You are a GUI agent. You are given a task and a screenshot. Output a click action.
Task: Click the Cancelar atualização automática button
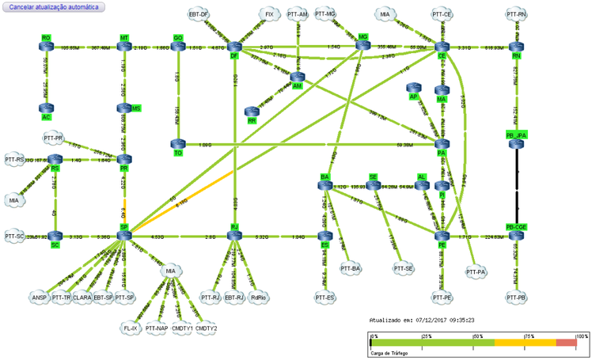point(54,7)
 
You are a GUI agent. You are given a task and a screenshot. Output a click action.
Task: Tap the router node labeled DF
point(234,47)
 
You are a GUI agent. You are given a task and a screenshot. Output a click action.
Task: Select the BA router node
point(324,185)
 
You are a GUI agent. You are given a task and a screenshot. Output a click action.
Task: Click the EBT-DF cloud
point(199,14)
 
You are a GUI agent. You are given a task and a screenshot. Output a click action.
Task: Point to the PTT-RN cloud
point(516,14)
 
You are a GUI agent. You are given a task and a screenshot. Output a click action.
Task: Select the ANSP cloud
point(40,297)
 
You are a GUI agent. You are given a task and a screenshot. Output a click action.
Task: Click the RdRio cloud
point(256,297)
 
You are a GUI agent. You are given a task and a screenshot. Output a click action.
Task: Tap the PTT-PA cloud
point(475,272)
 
